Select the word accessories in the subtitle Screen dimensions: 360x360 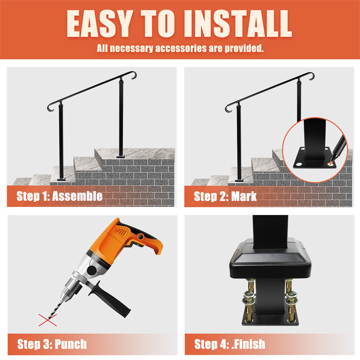click(181, 48)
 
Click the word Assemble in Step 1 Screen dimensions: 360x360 click(77, 196)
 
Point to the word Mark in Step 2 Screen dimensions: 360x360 click(243, 196)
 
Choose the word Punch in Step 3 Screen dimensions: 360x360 click(71, 344)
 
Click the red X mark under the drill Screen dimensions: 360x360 click(48, 320)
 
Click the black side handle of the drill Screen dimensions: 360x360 click(110, 298)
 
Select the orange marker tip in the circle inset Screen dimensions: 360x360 click(330, 163)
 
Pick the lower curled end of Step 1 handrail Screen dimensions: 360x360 click(50, 108)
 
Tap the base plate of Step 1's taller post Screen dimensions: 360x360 click(121, 157)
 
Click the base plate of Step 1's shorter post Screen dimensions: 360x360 click(61, 179)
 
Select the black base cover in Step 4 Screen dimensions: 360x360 click(270, 259)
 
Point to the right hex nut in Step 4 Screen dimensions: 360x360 click(292, 294)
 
